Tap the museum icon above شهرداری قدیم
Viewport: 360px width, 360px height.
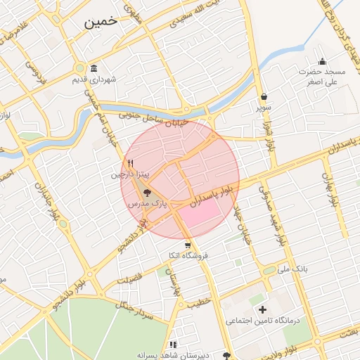[94, 67]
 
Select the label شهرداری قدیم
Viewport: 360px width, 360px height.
[94, 79]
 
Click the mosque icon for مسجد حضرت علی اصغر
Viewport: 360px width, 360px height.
[323, 61]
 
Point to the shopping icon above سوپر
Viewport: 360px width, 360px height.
[264, 97]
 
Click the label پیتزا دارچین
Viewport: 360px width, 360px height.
[129, 174]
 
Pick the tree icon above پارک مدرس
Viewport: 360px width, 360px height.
[147, 192]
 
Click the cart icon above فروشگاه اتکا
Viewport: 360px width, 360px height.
[188, 245]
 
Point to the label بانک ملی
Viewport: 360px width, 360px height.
[293, 269]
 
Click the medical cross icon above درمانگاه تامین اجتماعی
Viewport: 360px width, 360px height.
[263, 309]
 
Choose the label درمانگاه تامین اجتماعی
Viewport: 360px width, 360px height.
[262, 321]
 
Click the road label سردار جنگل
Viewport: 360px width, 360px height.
[136, 308]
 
